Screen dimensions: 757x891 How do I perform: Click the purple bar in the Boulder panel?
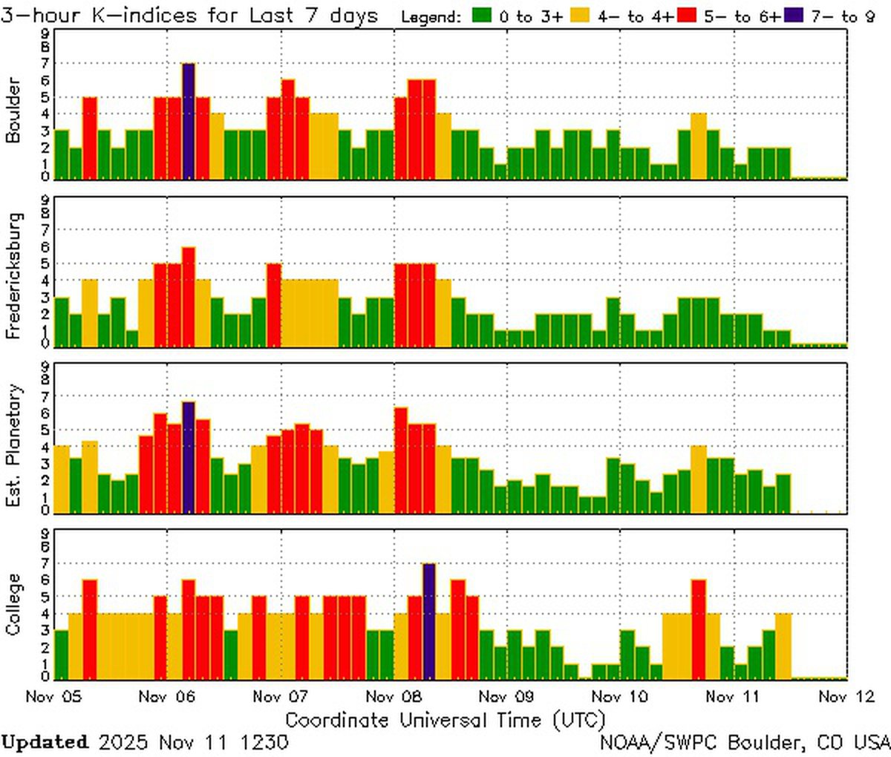[x=189, y=121]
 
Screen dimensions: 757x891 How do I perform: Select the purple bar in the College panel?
[x=429, y=621]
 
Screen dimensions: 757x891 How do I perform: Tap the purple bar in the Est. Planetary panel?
[x=189, y=457]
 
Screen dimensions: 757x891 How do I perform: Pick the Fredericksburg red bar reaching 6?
[x=189, y=297]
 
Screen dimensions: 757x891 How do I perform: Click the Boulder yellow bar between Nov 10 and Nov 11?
[x=698, y=146]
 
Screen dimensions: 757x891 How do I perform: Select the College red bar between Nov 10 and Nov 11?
[x=698, y=629]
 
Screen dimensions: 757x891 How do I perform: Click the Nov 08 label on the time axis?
[x=394, y=697]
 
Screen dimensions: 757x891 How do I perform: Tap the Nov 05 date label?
[x=53, y=697]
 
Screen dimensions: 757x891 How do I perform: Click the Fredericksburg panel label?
[x=14, y=275]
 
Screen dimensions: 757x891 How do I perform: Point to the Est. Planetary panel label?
[x=14, y=445]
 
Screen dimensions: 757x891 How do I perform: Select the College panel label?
[x=14, y=604]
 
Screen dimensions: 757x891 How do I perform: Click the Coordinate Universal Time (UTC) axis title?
[x=446, y=720]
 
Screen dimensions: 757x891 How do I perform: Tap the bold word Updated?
[x=45, y=741]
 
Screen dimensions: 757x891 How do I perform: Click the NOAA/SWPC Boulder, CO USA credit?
[x=745, y=741]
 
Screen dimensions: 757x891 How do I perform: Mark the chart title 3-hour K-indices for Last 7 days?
[x=189, y=15]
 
